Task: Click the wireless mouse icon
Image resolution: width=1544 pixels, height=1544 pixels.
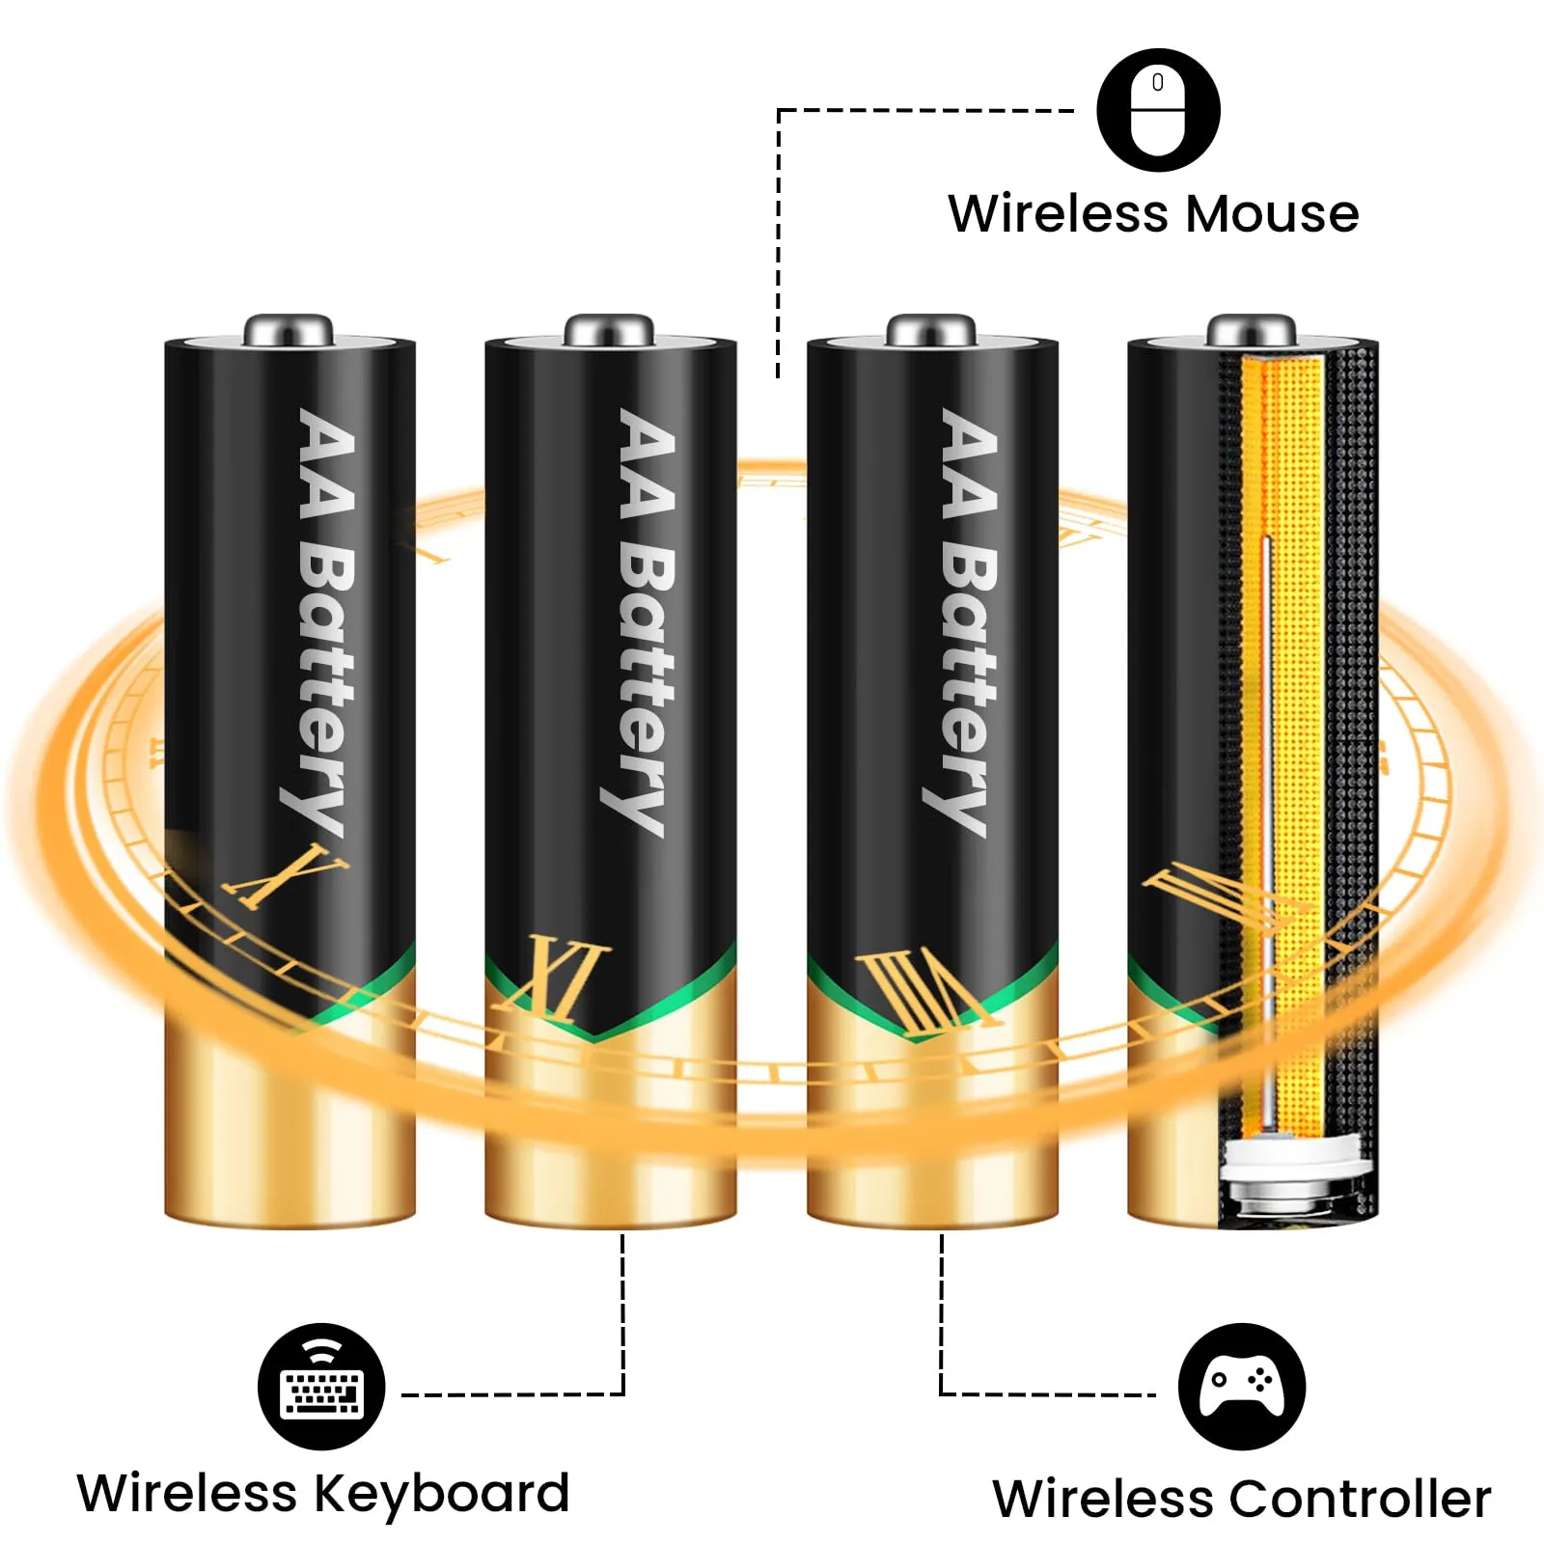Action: [1158, 110]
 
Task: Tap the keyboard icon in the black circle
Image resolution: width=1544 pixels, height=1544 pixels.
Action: [321, 1386]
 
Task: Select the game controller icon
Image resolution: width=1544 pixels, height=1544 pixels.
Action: [1242, 1386]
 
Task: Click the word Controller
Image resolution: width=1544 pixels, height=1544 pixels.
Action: [1361, 1499]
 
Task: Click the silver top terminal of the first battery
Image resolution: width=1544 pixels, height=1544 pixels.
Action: [289, 330]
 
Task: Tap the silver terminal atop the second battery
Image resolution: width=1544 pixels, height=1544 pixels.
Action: [610, 330]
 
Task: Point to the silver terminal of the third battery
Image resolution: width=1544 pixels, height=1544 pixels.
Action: [931, 330]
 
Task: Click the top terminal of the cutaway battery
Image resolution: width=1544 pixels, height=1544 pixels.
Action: [1252, 330]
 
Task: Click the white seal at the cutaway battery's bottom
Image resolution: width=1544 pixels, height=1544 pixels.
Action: [1293, 1158]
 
